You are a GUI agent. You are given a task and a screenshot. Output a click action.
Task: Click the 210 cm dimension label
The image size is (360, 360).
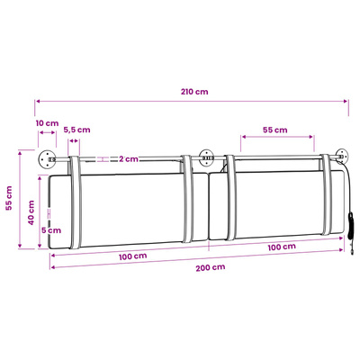coord(194,92)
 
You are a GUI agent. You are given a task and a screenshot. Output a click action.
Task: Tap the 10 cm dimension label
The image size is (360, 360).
coord(47,123)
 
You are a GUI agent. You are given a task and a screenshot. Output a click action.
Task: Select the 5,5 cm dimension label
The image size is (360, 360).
coord(76,130)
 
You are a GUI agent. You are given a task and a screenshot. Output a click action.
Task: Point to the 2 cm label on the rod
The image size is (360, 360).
coord(129,159)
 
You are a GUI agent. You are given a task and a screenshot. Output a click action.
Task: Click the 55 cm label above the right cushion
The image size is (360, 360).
coord(275,130)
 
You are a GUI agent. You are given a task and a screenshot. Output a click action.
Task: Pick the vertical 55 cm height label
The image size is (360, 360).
coord(9,198)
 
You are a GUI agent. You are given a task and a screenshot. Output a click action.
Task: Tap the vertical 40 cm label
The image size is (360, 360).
coord(31,212)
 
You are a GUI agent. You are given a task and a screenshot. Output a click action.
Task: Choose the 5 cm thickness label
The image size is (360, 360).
coord(51,230)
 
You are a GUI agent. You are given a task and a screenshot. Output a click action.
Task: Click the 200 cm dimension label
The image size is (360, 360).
coord(211,267)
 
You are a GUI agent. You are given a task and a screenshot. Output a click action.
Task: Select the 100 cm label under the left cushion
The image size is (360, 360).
coord(132,256)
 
